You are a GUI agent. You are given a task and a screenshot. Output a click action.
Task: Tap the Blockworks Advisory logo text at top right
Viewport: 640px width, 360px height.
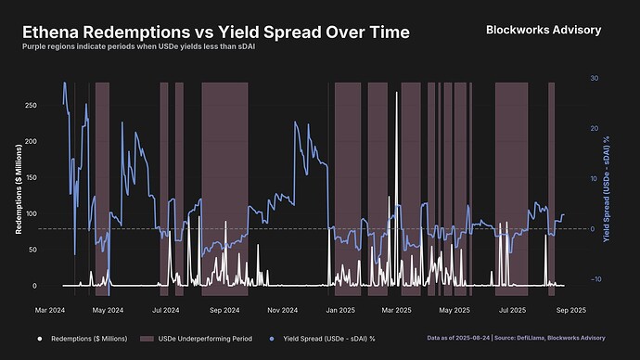[544, 30]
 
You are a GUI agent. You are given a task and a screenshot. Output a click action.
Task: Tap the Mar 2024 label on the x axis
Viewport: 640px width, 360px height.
[50, 309]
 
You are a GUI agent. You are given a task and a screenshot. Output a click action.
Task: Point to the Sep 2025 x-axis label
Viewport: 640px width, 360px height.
[570, 309]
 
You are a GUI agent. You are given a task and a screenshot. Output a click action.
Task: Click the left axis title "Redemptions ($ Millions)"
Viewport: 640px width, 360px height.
[18, 186]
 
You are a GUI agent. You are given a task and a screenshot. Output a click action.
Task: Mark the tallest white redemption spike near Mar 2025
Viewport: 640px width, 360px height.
[397, 93]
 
